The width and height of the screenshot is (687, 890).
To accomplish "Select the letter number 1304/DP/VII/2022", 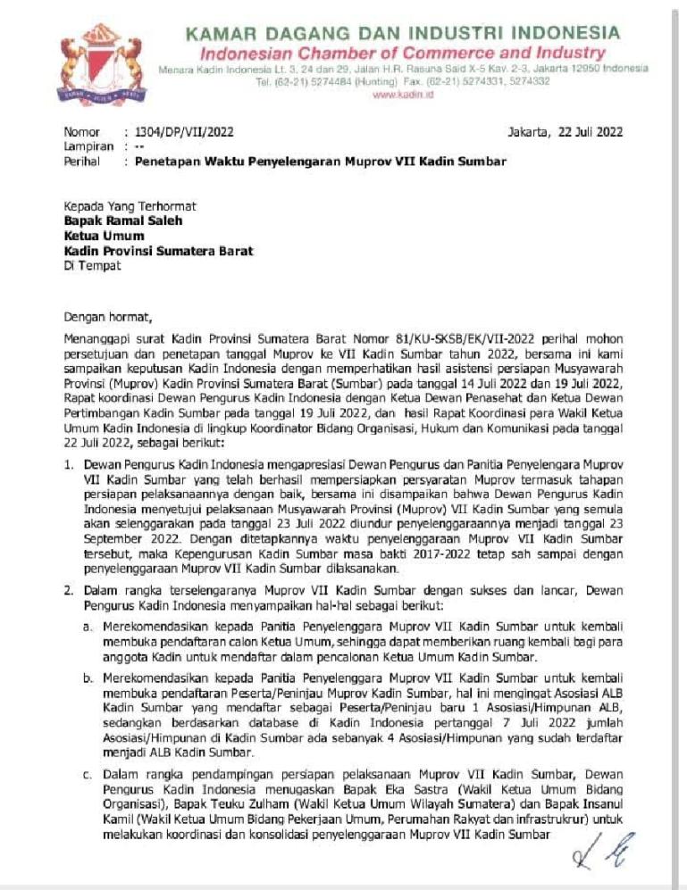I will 183,132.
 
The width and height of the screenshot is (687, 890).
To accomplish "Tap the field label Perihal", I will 81,162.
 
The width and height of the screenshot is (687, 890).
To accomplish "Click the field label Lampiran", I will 88,146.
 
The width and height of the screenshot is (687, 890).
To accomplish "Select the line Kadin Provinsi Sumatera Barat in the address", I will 158,251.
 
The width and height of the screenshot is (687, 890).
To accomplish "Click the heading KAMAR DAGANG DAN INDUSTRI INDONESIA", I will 402,34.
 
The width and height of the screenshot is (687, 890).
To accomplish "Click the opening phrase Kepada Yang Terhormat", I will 129,205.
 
